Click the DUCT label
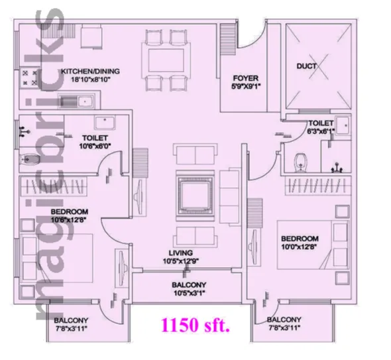tap(306, 66)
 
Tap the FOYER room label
tap(246, 78)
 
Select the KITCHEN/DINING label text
tap(90, 72)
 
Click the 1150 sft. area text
tap(195, 325)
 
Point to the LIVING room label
tap(181, 253)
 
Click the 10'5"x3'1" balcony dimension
tap(190, 293)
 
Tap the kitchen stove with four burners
tap(29, 78)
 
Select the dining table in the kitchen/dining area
tap(166, 60)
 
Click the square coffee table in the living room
tap(195, 196)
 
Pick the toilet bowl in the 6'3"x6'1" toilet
tap(301, 162)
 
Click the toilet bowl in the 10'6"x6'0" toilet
tap(30, 158)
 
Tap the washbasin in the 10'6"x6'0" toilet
tap(105, 122)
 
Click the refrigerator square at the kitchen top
tap(91, 37)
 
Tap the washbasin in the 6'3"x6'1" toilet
tap(343, 125)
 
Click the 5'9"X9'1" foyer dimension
tap(246, 86)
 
